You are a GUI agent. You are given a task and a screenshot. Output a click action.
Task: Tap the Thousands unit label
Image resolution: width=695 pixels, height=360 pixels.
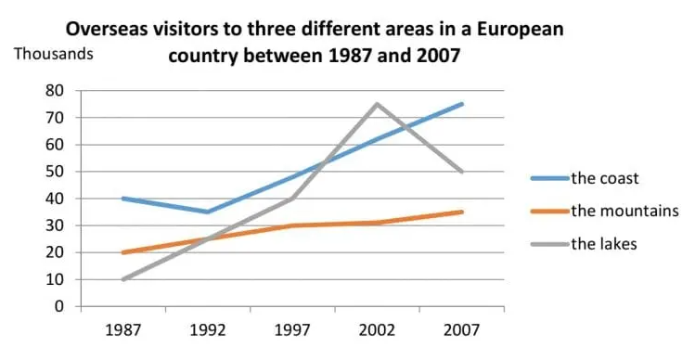point(54,53)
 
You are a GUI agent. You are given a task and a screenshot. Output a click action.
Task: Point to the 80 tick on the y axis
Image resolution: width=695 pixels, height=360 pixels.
point(57,91)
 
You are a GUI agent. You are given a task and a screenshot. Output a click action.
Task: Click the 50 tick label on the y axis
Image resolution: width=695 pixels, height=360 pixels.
point(57,172)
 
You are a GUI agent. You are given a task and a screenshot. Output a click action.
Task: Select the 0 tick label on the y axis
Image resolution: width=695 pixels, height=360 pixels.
point(60,306)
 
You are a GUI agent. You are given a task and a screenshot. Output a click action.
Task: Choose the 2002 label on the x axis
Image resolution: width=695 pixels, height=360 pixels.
point(377,329)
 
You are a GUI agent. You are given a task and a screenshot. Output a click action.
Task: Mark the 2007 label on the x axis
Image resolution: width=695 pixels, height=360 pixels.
point(461,329)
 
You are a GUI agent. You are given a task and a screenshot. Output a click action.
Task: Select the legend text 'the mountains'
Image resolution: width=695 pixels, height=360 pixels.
point(624,211)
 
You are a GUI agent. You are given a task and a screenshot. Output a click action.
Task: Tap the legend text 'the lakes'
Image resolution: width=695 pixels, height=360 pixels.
point(604,244)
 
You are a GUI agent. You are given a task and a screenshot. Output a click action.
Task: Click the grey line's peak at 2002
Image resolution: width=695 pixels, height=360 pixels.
point(377,104)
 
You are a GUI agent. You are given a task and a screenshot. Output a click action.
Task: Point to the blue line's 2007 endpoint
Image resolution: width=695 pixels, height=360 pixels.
point(461,104)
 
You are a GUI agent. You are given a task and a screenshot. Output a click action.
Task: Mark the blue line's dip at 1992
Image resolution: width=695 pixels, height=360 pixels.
point(207,212)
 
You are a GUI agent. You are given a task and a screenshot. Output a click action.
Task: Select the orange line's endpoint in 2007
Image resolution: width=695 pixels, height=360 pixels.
point(461,212)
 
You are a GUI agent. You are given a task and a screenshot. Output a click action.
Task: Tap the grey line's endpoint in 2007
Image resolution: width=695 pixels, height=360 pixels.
point(461,172)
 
